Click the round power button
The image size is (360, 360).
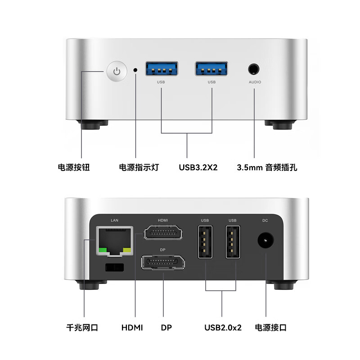pyautogui.click(x=117, y=72)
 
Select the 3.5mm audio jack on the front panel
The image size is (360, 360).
pyautogui.click(x=254, y=69)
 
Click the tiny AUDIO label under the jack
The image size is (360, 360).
pyautogui.click(x=255, y=82)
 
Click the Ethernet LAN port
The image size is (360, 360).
pyautogui.click(x=114, y=241)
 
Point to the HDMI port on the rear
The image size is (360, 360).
pyautogui.click(x=163, y=233)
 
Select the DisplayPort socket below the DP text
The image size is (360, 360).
pyautogui.click(x=163, y=262)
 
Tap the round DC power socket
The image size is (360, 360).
pyautogui.click(x=265, y=242)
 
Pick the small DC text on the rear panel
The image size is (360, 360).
pyautogui.click(x=265, y=220)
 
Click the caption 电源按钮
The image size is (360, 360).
pyautogui.click(x=74, y=167)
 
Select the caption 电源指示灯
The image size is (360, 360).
pyautogui.click(x=139, y=167)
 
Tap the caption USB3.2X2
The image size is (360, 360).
pyautogui.click(x=198, y=167)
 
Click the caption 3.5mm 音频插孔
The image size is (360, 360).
pyautogui.click(x=267, y=167)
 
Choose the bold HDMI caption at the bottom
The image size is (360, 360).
pyautogui.click(x=132, y=327)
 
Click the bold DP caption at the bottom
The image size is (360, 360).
pyautogui.click(x=166, y=327)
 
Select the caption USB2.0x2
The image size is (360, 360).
pyautogui.click(x=222, y=327)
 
